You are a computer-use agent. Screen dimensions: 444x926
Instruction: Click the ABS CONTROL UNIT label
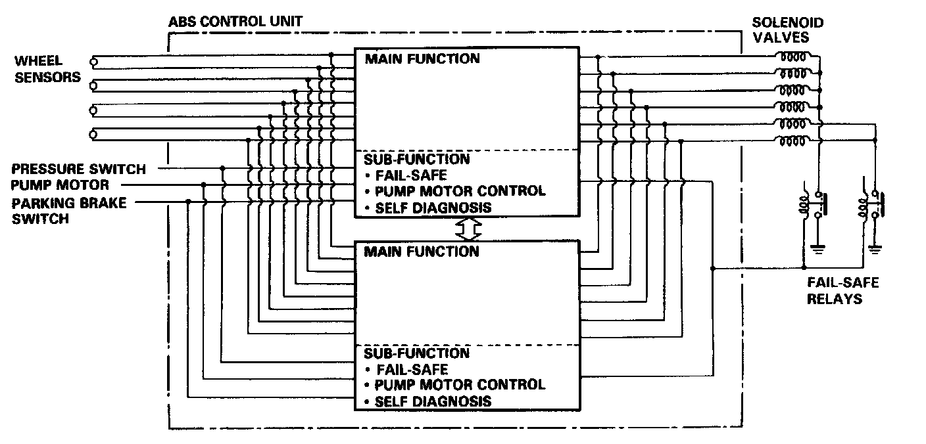point(235,21)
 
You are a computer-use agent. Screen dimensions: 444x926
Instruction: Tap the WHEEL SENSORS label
point(47,69)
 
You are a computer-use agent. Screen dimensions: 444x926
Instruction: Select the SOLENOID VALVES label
point(787,30)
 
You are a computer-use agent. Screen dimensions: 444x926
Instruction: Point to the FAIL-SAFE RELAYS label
point(835,290)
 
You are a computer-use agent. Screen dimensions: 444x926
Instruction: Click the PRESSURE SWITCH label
point(78,169)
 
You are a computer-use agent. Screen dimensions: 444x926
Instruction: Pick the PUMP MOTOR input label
point(60,185)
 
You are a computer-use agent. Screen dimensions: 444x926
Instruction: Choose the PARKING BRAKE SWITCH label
point(68,210)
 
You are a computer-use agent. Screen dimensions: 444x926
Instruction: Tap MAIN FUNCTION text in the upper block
point(422,59)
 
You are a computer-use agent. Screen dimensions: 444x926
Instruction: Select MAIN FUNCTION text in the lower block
point(422,252)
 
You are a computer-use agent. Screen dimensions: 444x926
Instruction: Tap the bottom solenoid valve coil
point(793,139)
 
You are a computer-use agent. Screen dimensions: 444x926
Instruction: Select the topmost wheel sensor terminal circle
point(94,62)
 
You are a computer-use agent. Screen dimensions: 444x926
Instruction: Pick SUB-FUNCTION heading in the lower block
point(417,353)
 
